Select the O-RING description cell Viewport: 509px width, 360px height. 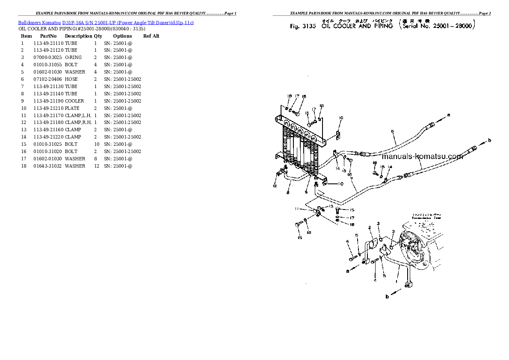73,57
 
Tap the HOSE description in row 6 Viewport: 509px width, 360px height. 71,79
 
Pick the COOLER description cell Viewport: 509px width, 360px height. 74,101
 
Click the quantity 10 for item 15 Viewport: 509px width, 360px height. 96,144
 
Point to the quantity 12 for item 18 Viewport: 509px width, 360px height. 96,166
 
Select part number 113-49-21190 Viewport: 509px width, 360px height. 48,101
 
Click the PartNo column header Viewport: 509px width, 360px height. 48,36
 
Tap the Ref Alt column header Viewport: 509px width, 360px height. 151,36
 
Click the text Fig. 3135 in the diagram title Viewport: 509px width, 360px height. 302,26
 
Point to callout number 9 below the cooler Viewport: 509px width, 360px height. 306,192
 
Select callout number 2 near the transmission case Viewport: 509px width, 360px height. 370,228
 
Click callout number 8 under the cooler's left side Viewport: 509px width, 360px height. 287,192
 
